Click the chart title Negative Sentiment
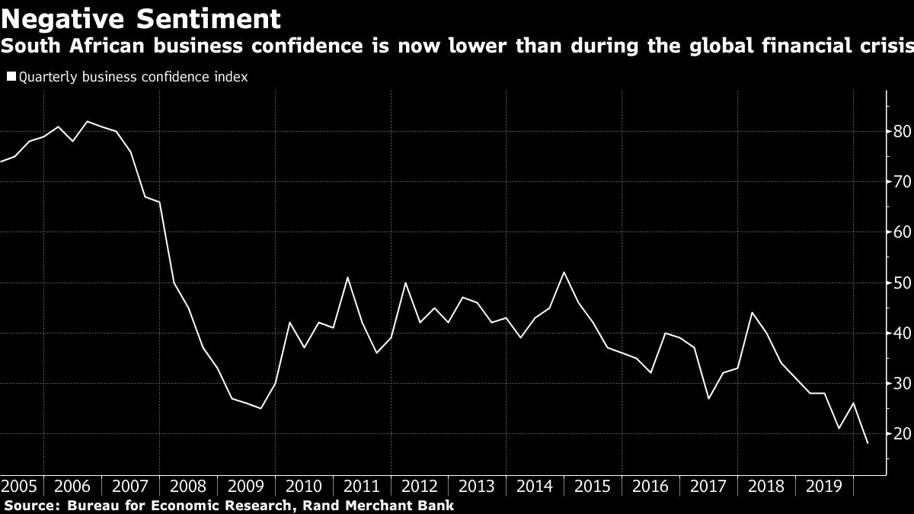(141, 18)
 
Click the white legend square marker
(11, 76)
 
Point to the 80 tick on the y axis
(902, 132)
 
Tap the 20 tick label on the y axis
(902, 434)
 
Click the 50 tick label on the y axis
(902, 283)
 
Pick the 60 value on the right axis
(902, 232)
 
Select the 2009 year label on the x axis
(246, 486)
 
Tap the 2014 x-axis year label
(535, 486)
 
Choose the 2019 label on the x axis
(824, 486)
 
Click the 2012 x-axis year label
(420, 486)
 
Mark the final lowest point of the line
(868, 443)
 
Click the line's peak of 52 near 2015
(564, 273)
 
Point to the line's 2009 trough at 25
(260, 409)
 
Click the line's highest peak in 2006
(87, 121)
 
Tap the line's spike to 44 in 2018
(752, 312)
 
